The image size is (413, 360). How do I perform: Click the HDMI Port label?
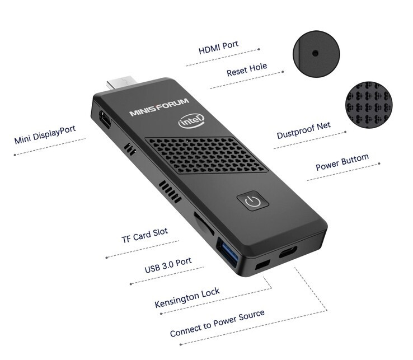coord(218,47)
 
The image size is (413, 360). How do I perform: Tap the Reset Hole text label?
coord(247,69)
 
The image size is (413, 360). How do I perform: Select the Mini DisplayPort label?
coord(45,134)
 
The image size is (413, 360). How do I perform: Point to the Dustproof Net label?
coord(303,130)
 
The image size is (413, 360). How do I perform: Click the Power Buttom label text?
coord(342,162)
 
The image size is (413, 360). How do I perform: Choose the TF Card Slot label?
coord(144,235)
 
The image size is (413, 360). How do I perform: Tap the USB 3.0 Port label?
coord(168,265)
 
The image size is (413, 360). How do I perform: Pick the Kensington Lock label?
coord(187,297)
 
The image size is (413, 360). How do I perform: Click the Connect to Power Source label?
coord(217,323)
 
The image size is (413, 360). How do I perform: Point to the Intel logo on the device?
coord(191,121)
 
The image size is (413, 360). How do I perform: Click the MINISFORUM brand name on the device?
coord(159,107)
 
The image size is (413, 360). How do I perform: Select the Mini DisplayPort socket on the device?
coord(105,120)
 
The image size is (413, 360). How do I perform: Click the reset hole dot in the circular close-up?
coord(315,54)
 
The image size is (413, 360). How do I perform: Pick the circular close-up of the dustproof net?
coord(369,104)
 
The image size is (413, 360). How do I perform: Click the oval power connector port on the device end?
coord(288,252)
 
